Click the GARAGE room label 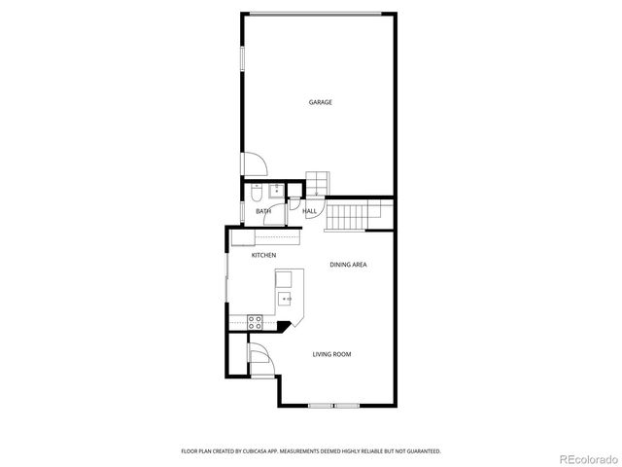coord(321,102)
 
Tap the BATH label coord(263,211)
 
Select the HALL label coord(310,211)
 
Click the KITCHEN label coord(264,255)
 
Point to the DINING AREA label coord(347,265)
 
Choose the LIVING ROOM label coord(331,354)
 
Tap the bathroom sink coord(276,189)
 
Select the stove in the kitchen coord(256,320)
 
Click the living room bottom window coord(333,405)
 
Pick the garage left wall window coord(242,57)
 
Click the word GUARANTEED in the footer coord(418,450)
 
